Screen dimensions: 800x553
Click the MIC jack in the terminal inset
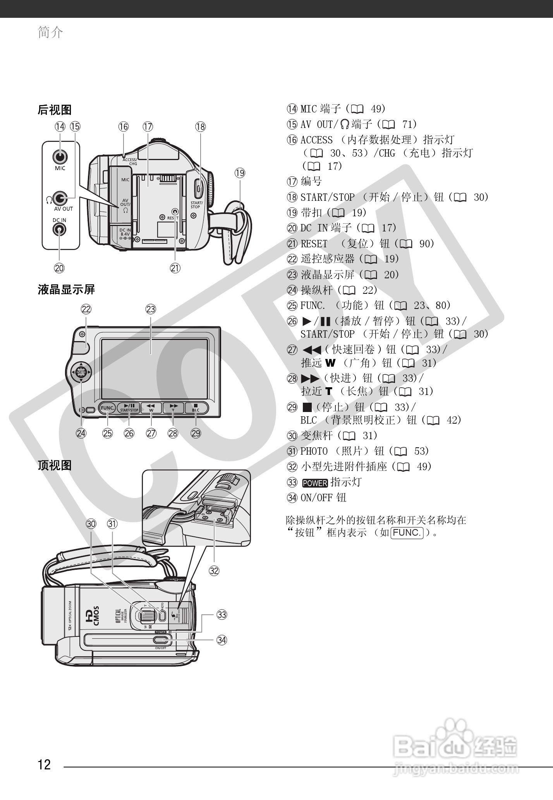click(x=60, y=157)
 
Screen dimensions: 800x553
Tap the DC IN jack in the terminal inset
click(x=59, y=229)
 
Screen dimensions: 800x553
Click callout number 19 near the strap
click(x=240, y=173)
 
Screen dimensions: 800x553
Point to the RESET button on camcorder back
click(x=175, y=212)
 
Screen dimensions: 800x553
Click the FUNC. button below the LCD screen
click(x=107, y=408)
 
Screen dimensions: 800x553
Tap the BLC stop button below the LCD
click(x=196, y=408)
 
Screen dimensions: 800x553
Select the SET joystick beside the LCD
click(x=81, y=372)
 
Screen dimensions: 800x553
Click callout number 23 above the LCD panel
click(x=151, y=309)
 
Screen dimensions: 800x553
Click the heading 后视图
click(x=55, y=110)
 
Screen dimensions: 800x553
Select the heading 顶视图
click(x=55, y=465)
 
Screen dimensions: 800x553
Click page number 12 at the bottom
click(x=44, y=765)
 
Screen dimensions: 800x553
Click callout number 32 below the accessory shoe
click(x=214, y=571)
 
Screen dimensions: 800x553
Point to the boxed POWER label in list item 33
click(x=314, y=483)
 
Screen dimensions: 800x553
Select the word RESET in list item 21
click(x=314, y=244)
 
